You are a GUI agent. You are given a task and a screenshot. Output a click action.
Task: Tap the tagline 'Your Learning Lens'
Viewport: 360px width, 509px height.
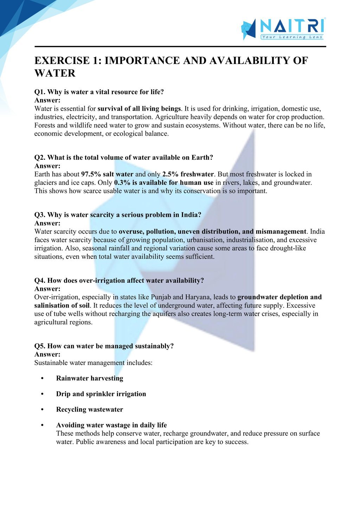pos(291,37)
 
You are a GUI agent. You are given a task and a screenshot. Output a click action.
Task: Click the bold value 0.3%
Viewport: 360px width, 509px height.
pos(122,183)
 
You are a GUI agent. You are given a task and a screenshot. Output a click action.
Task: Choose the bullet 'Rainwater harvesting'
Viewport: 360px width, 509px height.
pos(90,378)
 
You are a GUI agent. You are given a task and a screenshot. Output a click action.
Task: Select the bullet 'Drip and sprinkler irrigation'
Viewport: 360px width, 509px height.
pos(101,394)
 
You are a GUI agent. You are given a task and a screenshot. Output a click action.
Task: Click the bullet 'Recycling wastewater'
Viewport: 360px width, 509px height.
pos(90,409)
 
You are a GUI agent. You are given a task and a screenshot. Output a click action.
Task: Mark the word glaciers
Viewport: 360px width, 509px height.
pos(46,183)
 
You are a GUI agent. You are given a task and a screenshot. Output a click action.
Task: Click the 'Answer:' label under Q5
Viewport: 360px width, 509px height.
pos(47,354)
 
